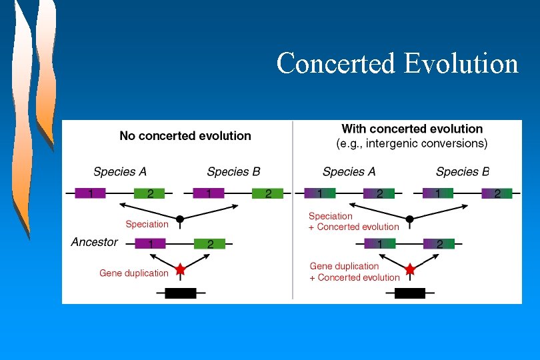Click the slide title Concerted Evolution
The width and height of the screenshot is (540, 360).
tap(397, 63)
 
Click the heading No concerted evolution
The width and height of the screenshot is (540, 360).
tap(185, 136)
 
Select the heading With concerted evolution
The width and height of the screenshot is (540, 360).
tap(412, 129)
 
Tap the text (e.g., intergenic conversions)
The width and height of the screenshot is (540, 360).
tap(412, 143)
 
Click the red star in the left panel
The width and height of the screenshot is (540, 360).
tap(180, 269)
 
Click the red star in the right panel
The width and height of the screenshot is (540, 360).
tap(410, 269)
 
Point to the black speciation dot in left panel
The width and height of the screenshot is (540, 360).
tap(180, 219)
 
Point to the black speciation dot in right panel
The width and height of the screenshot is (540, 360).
tap(410, 219)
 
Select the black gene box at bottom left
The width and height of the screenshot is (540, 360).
tap(180, 293)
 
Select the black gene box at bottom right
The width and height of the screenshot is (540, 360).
tap(410, 293)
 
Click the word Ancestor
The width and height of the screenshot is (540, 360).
tap(95, 243)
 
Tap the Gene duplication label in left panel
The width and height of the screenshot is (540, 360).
tap(134, 273)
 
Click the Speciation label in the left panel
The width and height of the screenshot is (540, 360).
tap(147, 224)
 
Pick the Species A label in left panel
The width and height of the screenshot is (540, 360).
tap(120, 172)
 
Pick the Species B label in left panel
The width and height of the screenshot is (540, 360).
tap(233, 172)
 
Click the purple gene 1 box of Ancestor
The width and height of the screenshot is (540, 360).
tap(150, 244)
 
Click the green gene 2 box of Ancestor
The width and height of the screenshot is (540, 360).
tap(209, 244)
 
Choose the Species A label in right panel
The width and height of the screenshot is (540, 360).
tap(349, 172)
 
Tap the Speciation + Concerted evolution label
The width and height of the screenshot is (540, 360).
tap(353, 221)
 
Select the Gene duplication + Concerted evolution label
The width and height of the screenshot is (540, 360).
tap(355, 272)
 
